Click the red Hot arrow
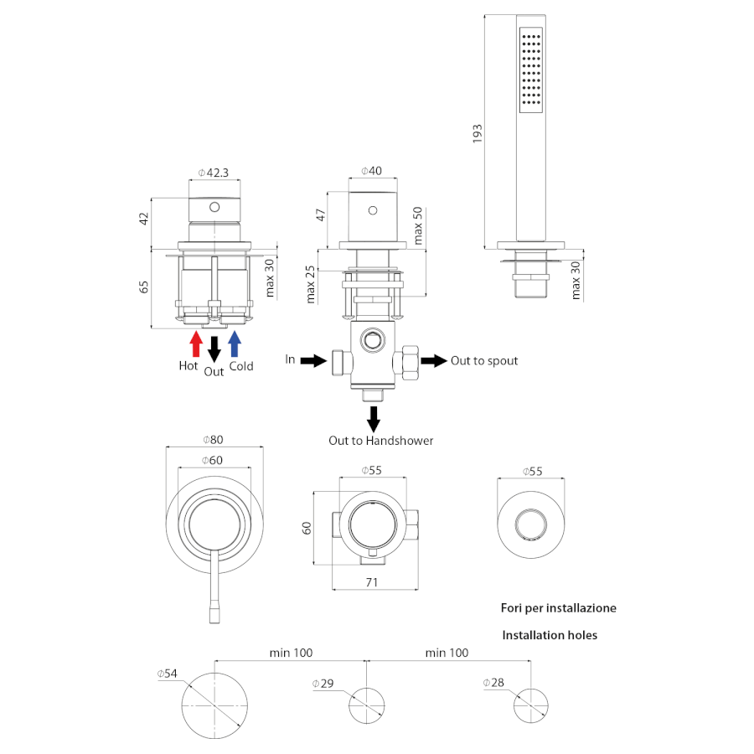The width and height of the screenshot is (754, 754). pyautogui.click(x=196, y=344)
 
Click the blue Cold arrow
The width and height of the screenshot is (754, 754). pyautogui.click(x=235, y=344)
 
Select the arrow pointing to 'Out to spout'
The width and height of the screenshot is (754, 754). pyautogui.click(x=433, y=360)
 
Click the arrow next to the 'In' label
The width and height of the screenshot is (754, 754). pyautogui.click(x=312, y=360)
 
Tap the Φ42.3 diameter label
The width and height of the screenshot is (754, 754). pyautogui.click(x=214, y=173)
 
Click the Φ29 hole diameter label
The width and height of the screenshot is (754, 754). pyautogui.click(x=323, y=684)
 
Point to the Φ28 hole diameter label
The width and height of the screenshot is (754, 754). pyautogui.click(x=493, y=683)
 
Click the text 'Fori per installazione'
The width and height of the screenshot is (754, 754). pyautogui.click(x=558, y=608)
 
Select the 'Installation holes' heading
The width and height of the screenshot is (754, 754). pyautogui.click(x=550, y=635)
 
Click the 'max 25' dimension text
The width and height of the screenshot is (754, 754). pyautogui.click(x=311, y=284)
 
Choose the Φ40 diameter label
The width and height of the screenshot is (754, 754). pyautogui.click(x=371, y=171)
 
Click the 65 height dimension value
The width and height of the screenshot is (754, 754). pyautogui.click(x=144, y=286)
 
